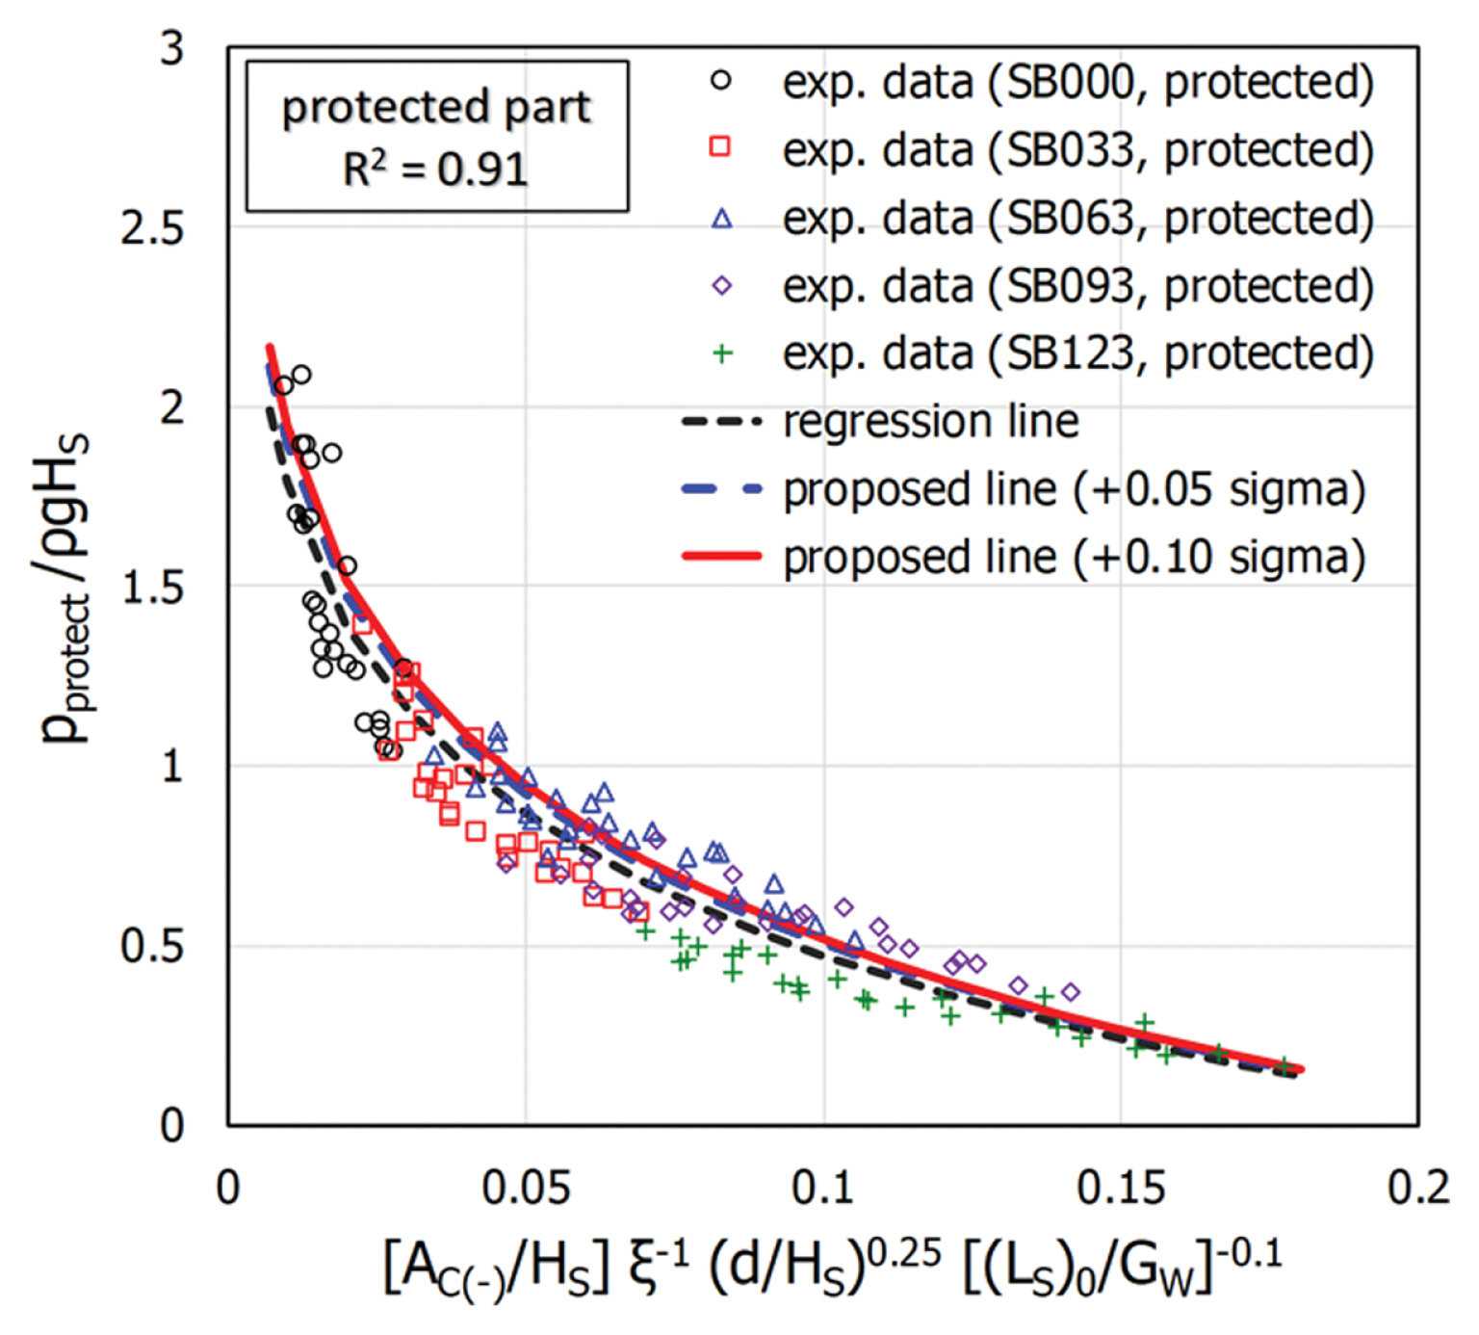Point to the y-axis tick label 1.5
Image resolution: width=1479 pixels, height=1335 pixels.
pyautogui.click(x=152, y=587)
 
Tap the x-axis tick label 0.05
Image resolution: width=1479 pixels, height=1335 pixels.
pyautogui.click(x=526, y=1188)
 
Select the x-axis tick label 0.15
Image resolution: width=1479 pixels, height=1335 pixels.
pyautogui.click(x=1121, y=1188)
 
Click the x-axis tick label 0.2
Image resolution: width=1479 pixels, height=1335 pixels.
pyautogui.click(x=1418, y=1188)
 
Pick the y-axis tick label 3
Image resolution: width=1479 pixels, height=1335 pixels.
pyautogui.click(x=171, y=48)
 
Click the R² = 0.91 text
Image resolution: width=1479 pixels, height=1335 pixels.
pyautogui.click(x=435, y=170)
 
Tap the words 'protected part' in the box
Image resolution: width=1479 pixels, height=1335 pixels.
pyautogui.click(x=436, y=107)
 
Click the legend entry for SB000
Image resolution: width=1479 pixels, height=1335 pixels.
pyautogui.click(x=1077, y=82)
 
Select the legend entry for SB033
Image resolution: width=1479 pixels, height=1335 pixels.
pyautogui.click(x=1077, y=150)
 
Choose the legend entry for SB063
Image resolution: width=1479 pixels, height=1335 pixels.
pyautogui.click(x=1077, y=219)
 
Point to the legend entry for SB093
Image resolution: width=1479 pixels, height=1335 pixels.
pyautogui.click(x=1077, y=286)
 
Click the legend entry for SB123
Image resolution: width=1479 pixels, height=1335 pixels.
pyautogui.click(x=1077, y=353)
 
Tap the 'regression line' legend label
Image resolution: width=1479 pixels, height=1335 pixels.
pyautogui.click(x=930, y=422)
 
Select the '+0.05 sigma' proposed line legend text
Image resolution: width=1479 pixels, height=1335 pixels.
pyautogui.click(x=1074, y=489)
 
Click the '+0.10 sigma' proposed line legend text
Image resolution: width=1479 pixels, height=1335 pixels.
pyautogui.click(x=1074, y=558)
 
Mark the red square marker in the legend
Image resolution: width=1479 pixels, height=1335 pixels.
pyautogui.click(x=720, y=146)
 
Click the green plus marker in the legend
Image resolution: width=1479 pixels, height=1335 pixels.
pyautogui.click(x=722, y=354)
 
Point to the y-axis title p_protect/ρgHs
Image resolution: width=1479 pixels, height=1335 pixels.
pyautogui.click(x=65, y=588)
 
